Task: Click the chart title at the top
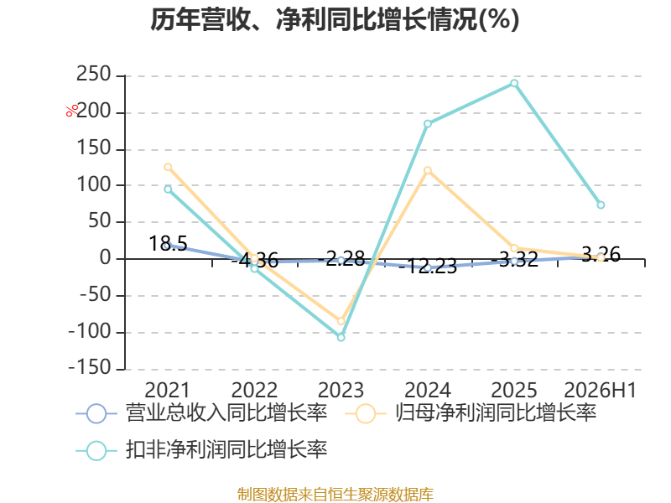[335, 19]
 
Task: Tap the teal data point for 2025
[514, 83]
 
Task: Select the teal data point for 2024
[428, 123]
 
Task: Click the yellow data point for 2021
[169, 167]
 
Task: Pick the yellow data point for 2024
[428, 170]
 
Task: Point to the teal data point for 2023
[341, 338]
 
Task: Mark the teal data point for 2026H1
[601, 205]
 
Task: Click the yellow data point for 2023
[341, 321]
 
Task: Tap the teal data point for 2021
[169, 189]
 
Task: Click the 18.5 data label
[169, 243]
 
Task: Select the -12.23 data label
[428, 266]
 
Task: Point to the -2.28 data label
[341, 258]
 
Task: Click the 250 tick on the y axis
[94, 75]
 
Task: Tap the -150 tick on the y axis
[90, 368]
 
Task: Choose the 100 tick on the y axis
[94, 184]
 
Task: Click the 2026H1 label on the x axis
[601, 390]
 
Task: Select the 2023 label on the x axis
[341, 390]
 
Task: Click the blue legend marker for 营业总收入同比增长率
[96, 413]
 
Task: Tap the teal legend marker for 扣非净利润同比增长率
[96, 450]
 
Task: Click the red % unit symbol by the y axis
[72, 111]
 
